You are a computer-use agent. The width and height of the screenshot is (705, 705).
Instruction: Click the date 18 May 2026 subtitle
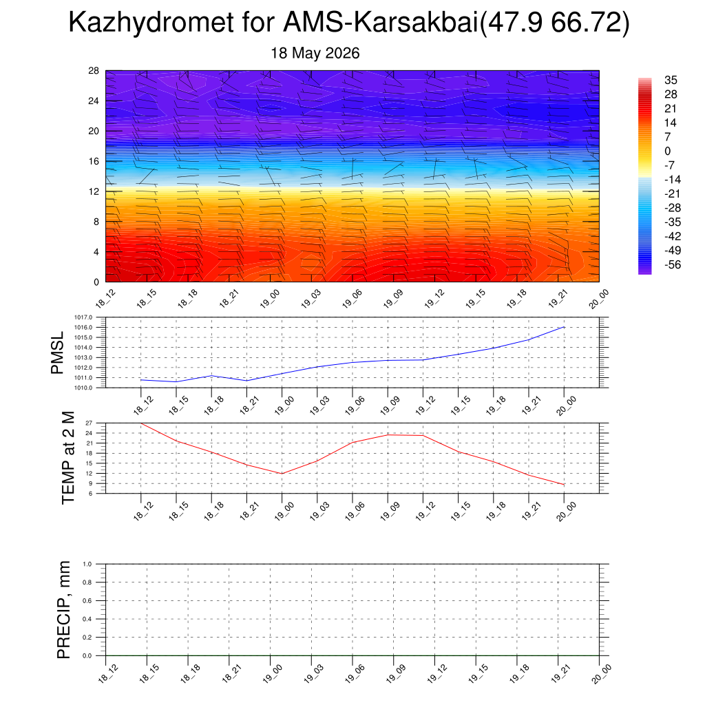[315, 53]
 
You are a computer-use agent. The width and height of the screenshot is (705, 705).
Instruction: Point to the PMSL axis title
[57, 353]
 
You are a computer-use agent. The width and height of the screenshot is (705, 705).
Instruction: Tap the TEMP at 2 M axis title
[68, 458]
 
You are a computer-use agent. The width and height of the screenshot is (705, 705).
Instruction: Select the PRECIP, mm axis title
[64, 610]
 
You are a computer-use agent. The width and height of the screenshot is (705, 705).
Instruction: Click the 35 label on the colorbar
[671, 80]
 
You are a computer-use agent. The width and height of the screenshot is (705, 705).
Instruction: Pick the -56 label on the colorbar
[673, 264]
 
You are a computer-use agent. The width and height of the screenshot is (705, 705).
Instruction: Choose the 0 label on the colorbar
[668, 151]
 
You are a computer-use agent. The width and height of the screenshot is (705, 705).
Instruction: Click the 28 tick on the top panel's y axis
[94, 71]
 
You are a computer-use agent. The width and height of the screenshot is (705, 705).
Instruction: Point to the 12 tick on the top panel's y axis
[94, 191]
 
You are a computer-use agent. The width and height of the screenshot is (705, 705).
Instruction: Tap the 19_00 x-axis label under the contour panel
[270, 299]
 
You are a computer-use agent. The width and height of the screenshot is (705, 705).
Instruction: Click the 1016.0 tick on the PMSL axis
[83, 327]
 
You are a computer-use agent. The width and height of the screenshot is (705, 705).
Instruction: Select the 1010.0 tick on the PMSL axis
[83, 388]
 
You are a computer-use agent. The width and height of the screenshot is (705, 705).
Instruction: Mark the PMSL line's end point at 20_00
[564, 327]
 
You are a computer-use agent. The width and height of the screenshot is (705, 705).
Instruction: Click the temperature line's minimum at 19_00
[282, 474]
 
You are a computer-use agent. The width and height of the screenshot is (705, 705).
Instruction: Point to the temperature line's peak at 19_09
[388, 435]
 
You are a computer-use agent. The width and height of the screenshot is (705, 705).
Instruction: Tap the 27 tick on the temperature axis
[89, 423]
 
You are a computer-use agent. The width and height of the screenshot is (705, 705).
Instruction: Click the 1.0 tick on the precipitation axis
[87, 564]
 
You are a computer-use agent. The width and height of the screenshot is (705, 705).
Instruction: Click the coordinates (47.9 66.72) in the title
[554, 23]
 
